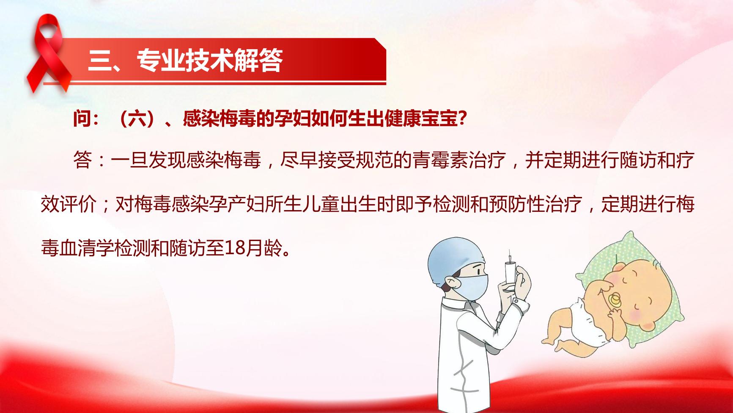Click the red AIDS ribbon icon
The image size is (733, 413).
48,53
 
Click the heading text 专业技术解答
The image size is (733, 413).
209,60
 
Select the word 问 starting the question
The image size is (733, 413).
82,119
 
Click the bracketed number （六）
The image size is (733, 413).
137,119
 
